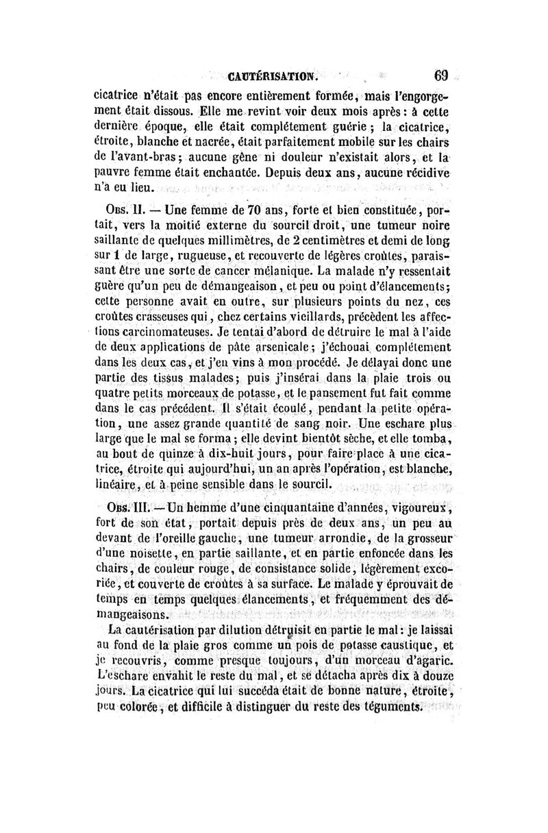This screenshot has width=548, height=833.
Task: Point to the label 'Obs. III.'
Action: (x=129, y=507)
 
